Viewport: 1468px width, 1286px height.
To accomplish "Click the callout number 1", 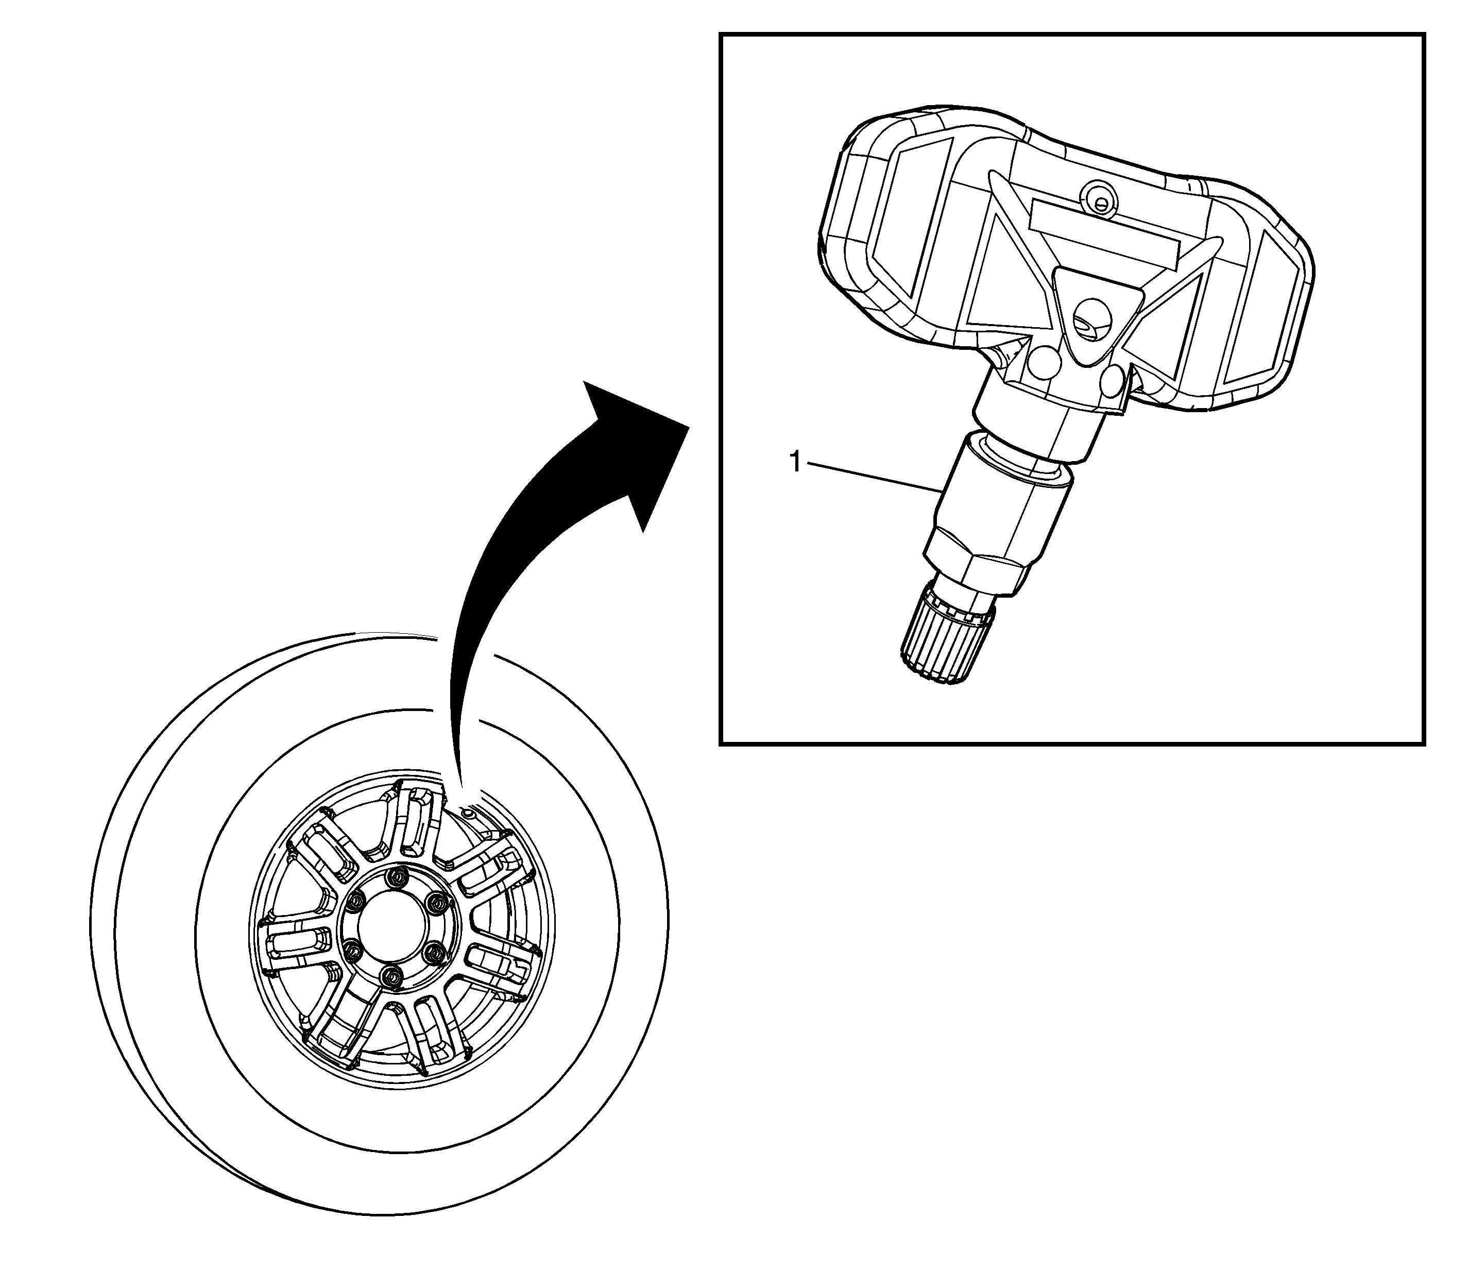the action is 794,462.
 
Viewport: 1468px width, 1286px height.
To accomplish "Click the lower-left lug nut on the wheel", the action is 352,952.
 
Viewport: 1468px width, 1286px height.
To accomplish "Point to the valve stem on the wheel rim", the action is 468,813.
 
